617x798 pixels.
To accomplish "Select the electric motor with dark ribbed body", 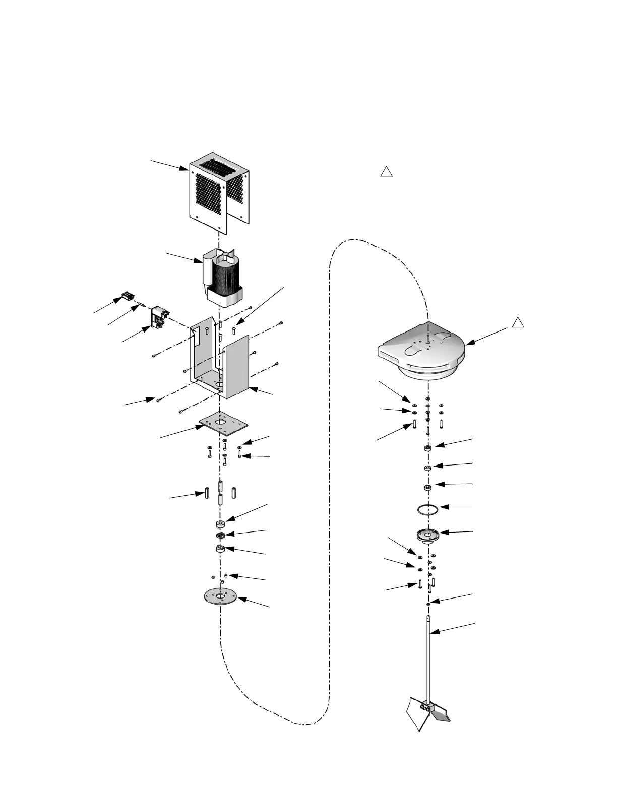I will pyautogui.click(x=224, y=277).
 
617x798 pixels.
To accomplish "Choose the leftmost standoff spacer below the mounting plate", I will pyautogui.click(x=207, y=492).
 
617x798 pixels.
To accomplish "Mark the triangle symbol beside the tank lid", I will pyautogui.click(x=518, y=322).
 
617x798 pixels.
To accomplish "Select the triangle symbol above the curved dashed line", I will pyautogui.click(x=386, y=172).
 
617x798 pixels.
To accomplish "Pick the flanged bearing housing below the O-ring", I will pyautogui.click(x=428, y=536).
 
